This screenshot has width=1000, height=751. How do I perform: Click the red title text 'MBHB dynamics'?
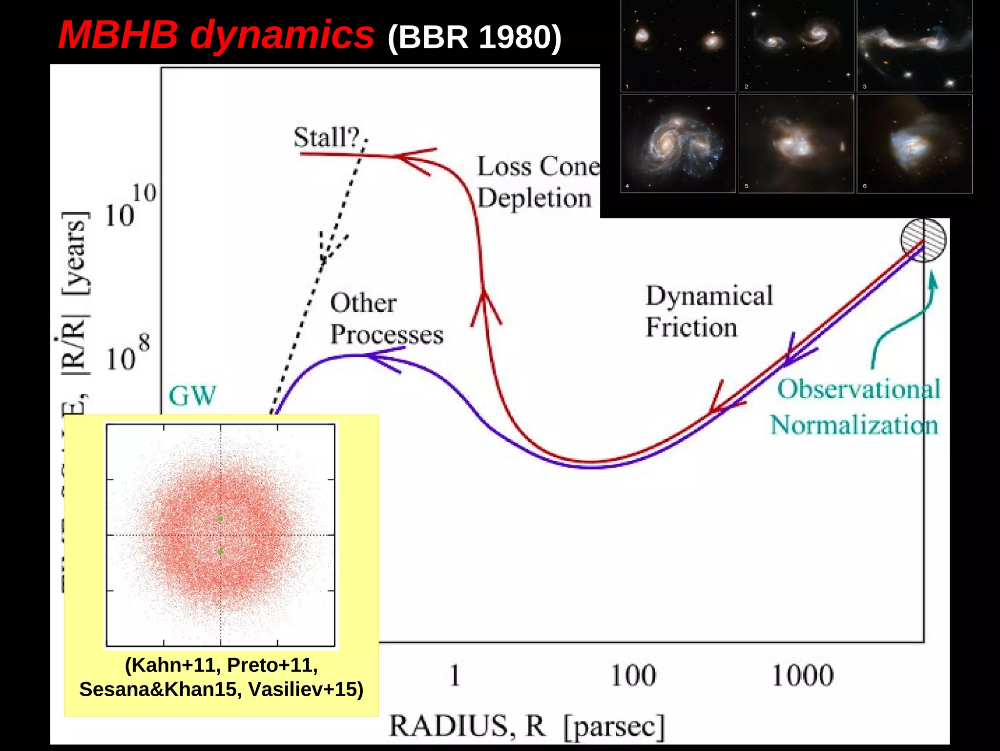[216, 35]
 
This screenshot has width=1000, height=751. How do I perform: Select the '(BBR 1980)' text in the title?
[474, 37]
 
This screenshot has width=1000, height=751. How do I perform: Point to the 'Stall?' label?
[326, 137]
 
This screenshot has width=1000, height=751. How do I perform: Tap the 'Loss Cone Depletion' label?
[537, 182]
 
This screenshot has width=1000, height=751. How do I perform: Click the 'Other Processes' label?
[386, 319]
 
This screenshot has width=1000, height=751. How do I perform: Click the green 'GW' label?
[192, 395]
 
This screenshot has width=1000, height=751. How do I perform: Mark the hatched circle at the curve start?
[923, 240]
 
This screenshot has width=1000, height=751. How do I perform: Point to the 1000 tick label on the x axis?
[803, 675]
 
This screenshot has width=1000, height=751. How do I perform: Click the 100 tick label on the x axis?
[633, 675]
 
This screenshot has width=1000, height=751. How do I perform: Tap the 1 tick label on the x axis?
[455, 675]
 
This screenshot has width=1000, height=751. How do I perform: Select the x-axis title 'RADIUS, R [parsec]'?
[526, 726]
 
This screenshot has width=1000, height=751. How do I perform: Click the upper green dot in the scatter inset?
[221, 518]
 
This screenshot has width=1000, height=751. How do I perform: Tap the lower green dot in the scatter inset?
[221, 552]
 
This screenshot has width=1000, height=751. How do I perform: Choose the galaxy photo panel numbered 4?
[678, 144]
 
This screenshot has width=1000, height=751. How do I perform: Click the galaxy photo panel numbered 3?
[914, 46]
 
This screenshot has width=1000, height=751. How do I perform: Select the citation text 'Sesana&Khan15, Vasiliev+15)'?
[221, 689]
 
